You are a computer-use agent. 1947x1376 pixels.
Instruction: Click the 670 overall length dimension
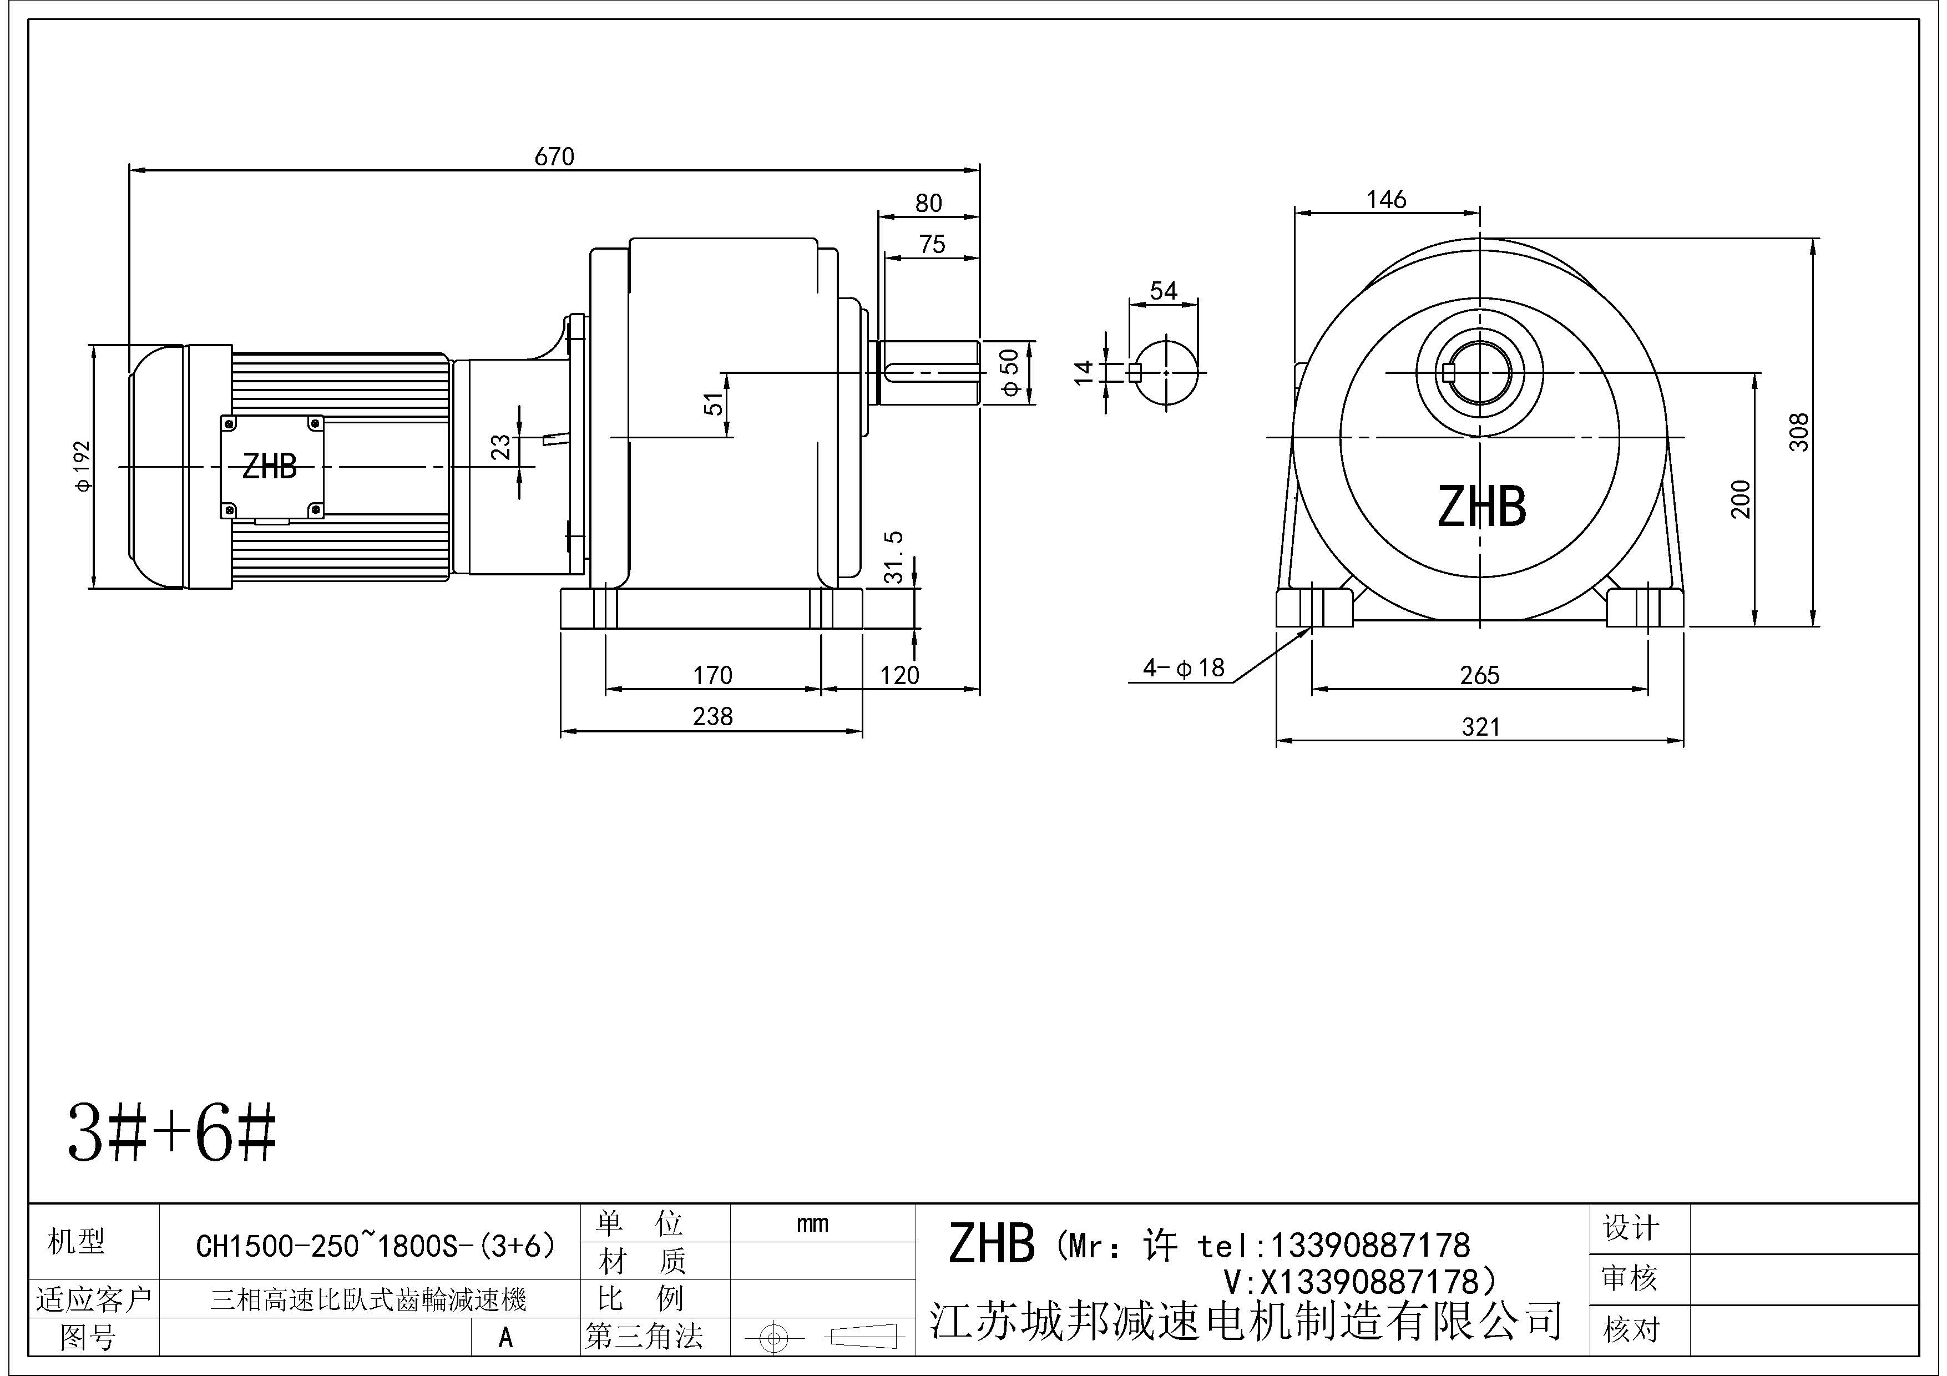[x=554, y=157]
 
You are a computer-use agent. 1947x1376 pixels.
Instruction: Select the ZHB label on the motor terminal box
[x=270, y=466]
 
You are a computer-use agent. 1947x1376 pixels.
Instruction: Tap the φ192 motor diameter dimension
[x=82, y=466]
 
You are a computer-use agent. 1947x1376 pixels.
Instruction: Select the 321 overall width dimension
[x=1480, y=727]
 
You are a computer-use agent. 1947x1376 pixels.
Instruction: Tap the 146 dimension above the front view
[x=1387, y=200]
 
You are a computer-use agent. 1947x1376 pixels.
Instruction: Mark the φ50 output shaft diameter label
[x=1010, y=372]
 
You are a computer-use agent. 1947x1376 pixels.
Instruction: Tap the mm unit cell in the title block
[x=812, y=1223]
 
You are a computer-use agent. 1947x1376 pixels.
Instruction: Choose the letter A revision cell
[x=505, y=1338]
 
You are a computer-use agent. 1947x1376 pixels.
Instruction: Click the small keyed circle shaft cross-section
[x=1167, y=373]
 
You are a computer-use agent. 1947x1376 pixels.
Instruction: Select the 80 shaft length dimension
[x=928, y=204]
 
